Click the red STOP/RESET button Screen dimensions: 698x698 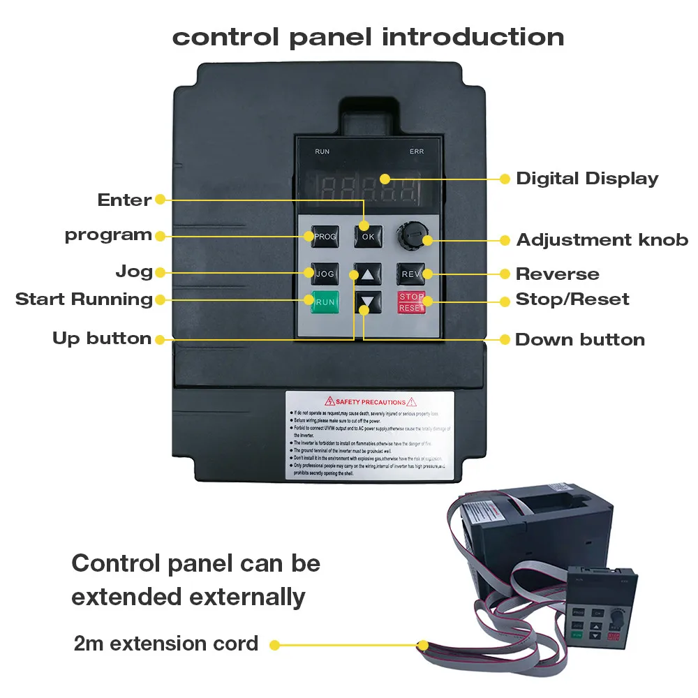(412, 302)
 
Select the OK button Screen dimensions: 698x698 (368, 237)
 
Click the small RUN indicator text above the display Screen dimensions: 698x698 (322, 151)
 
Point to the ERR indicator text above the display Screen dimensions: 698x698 (417, 151)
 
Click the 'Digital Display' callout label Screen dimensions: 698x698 (587, 179)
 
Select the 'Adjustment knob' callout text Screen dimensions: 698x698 (602, 240)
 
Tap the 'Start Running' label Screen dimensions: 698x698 (84, 299)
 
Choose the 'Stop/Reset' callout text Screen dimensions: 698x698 (572, 299)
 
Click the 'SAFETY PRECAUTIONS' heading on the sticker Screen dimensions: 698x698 (370, 402)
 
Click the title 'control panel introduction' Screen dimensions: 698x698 (368, 36)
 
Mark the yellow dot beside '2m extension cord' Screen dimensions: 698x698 (275, 645)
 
